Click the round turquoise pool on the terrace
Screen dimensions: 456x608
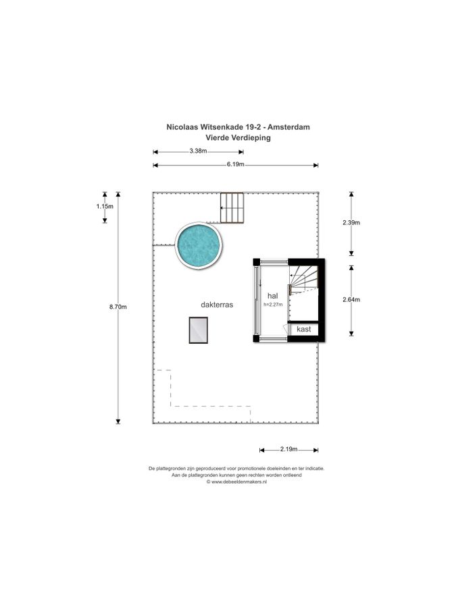click(x=199, y=245)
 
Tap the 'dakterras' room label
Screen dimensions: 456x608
click(x=217, y=305)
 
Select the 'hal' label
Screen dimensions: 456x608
click(x=273, y=296)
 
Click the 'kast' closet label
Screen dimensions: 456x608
click(x=303, y=329)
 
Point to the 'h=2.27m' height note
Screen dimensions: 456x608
click(x=273, y=305)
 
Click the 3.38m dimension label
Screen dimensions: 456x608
click(x=198, y=151)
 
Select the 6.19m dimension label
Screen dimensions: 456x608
click(x=236, y=164)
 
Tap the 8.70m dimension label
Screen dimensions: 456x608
click(x=118, y=307)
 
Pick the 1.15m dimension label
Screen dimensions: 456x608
click(x=105, y=206)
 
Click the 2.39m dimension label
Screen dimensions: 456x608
click(x=351, y=222)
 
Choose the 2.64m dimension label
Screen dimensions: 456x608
click(x=351, y=299)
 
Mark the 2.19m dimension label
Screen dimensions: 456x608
click(x=289, y=449)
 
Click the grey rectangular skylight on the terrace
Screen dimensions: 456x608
click(x=199, y=330)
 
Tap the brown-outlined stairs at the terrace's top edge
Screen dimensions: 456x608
click(x=232, y=208)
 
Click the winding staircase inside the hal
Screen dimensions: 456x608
click(x=303, y=279)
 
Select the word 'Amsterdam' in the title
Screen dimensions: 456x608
click(x=289, y=127)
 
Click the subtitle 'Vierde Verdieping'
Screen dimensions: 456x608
click(x=238, y=138)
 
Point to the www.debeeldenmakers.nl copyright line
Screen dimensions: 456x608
click(x=236, y=482)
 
